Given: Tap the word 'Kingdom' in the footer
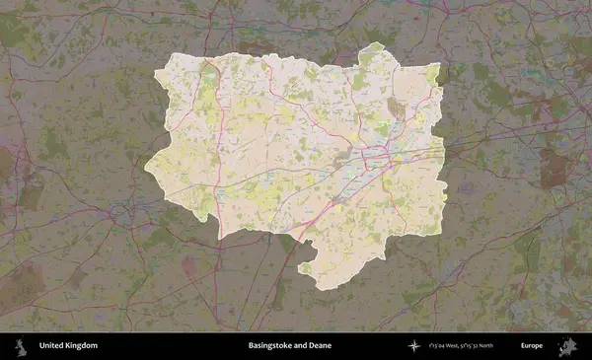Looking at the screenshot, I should click(x=81, y=346).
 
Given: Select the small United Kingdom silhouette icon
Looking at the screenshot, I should click(x=19, y=345).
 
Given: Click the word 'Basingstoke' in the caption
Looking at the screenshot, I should click(x=268, y=346).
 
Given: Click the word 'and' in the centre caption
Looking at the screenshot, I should click(x=299, y=346).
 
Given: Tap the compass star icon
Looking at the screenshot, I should click(x=413, y=346).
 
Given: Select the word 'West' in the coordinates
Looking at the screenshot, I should click(x=452, y=346).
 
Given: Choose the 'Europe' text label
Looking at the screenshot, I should click(x=532, y=346).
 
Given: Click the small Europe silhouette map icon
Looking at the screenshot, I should click(x=568, y=345).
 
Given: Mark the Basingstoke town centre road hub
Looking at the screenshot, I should click(x=378, y=156).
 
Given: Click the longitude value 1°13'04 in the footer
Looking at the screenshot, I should click(x=435, y=346).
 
